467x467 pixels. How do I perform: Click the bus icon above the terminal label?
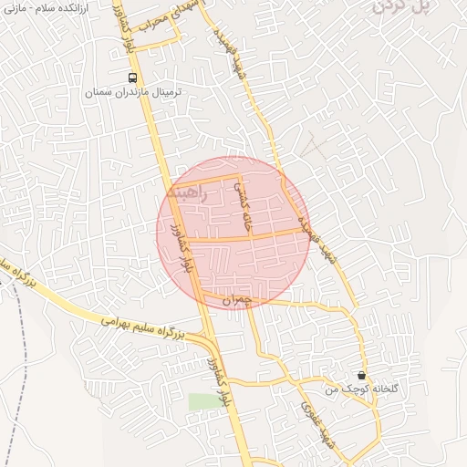134,78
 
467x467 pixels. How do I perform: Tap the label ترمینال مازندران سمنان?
133,93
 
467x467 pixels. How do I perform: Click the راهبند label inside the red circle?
189,193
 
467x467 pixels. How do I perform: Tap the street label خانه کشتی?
242,202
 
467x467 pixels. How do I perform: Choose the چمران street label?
235,298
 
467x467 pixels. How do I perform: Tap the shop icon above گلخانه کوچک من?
362,375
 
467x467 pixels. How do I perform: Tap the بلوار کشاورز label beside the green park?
222,383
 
